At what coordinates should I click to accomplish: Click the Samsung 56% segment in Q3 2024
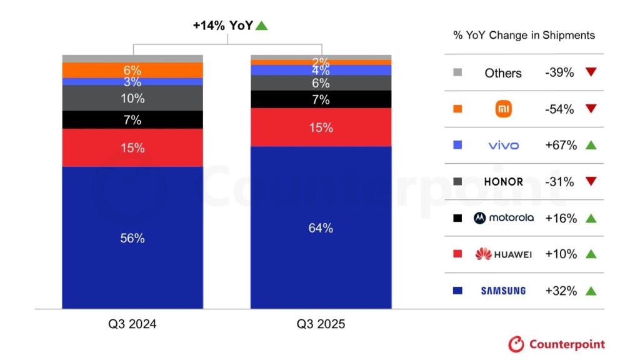(x=132, y=237)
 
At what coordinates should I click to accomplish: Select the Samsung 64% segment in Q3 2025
(x=321, y=227)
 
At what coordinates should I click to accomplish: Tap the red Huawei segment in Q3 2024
(x=132, y=147)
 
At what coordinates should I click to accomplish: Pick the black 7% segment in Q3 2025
(x=321, y=99)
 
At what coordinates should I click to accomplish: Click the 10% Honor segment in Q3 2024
(x=132, y=98)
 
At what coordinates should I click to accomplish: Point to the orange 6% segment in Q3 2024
(x=132, y=70)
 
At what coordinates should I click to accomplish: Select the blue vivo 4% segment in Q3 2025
(x=321, y=70)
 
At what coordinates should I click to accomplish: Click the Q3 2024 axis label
(x=132, y=324)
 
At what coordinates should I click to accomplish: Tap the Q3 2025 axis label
(x=321, y=324)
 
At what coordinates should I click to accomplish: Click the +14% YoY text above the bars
(x=222, y=26)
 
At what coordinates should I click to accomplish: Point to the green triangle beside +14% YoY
(x=262, y=26)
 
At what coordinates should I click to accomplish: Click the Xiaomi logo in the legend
(x=503, y=109)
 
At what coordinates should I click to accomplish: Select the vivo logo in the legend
(x=503, y=146)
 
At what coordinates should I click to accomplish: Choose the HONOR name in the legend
(x=503, y=182)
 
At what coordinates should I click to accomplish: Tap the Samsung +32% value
(x=561, y=291)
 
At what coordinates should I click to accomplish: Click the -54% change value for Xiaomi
(x=559, y=109)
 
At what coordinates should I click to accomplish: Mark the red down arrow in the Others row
(x=591, y=72)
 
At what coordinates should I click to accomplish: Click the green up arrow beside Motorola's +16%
(x=591, y=218)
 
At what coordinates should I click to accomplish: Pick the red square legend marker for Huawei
(x=457, y=254)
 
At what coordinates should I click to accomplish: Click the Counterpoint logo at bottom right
(x=556, y=344)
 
